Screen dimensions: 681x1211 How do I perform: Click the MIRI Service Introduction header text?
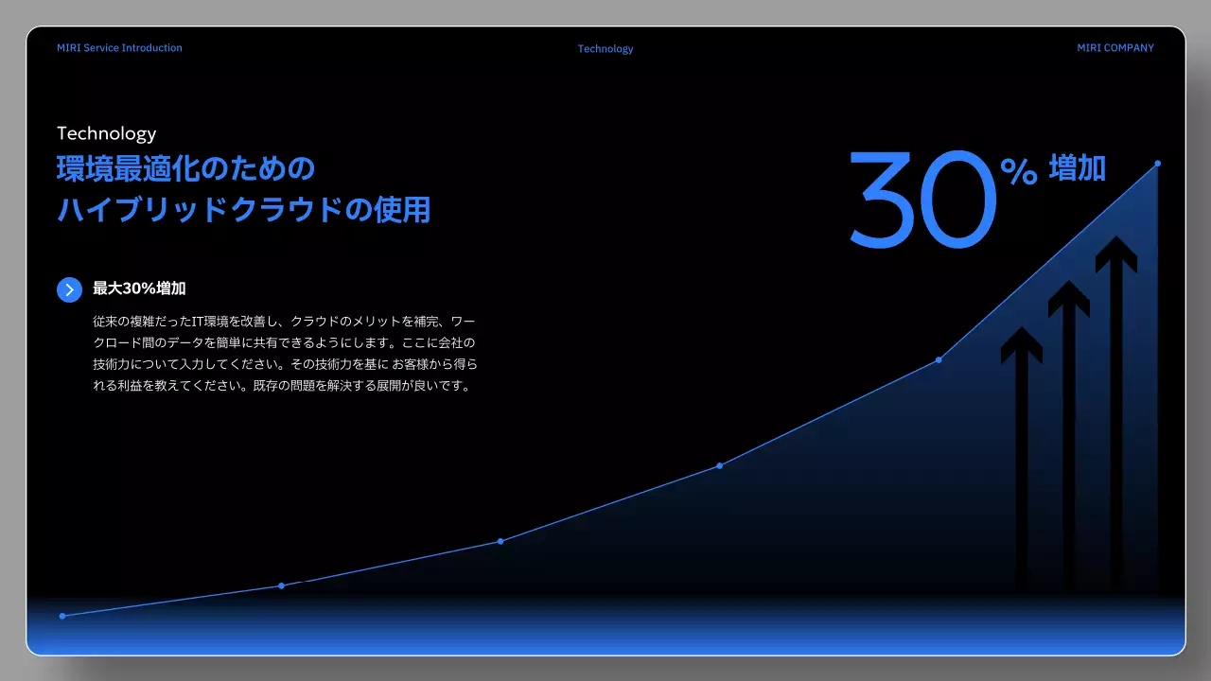pyautogui.click(x=119, y=48)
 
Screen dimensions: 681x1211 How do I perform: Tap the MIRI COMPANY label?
pyautogui.click(x=1114, y=48)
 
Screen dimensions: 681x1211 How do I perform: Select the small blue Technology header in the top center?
pyautogui.click(x=605, y=49)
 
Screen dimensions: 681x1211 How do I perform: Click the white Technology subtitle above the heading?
pyautogui.click(x=106, y=133)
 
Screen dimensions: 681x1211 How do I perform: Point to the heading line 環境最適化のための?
pyautogui.click(x=185, y=169)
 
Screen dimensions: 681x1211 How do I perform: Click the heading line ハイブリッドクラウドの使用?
pyautogui.click(x=243, y=209)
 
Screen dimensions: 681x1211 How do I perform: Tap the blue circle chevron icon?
pyautogui.click(x=69, y=289)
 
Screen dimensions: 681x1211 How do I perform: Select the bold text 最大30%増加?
pyautogui.click(x=146, y=288)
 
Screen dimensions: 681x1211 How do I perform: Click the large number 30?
pyautogui.click(x=922, y=201)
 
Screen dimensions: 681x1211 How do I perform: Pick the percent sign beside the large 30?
pyautogui.click(x=1018, y=171)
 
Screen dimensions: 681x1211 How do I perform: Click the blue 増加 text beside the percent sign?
pyautogui.click(x=1077, y=168)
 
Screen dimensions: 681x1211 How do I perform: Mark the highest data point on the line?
pyautogui.click(x=1157, y=164)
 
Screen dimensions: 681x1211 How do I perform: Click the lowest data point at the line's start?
pyautogui.click(x=62, y=616)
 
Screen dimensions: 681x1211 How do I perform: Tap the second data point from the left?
pyautogui.click(x=281, y=585)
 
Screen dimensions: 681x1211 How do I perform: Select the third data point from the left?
pyautogui.click(x=500, y=541)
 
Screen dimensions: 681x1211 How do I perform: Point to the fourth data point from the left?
pyautogui.click(x=719, y=465)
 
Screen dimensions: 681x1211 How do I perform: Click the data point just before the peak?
pyautogui.click(x=939, y=359)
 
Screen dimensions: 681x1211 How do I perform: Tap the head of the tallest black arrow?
pyautogui.click(x=1116, y=253)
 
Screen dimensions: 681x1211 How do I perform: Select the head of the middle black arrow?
pyautogui.click(x=1069, y=298)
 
